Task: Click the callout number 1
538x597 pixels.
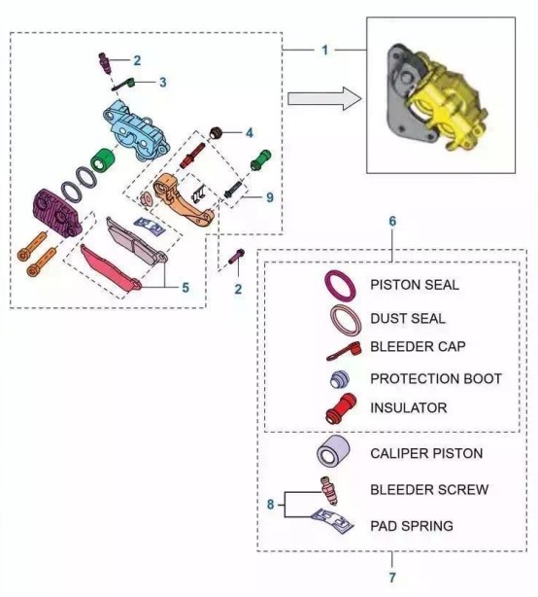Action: [324, 50]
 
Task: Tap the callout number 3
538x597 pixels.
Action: [163, 83]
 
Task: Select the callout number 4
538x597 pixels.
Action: [249, 133]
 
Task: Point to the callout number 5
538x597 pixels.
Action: [185, 288]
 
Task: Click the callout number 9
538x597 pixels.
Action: [270, 197]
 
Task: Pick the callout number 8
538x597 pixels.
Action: [270, 505]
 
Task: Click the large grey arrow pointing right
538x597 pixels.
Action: [324, 99]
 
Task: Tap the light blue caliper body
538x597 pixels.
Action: [136, 129]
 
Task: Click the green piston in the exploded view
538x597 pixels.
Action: [103, 160]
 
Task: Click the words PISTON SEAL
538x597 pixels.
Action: [415, 285]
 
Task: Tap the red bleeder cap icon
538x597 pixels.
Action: [344, 351]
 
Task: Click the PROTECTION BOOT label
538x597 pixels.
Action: [436, 378]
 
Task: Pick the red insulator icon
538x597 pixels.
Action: [341, 408]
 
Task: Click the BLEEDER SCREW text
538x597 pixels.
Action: [429, 490]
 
